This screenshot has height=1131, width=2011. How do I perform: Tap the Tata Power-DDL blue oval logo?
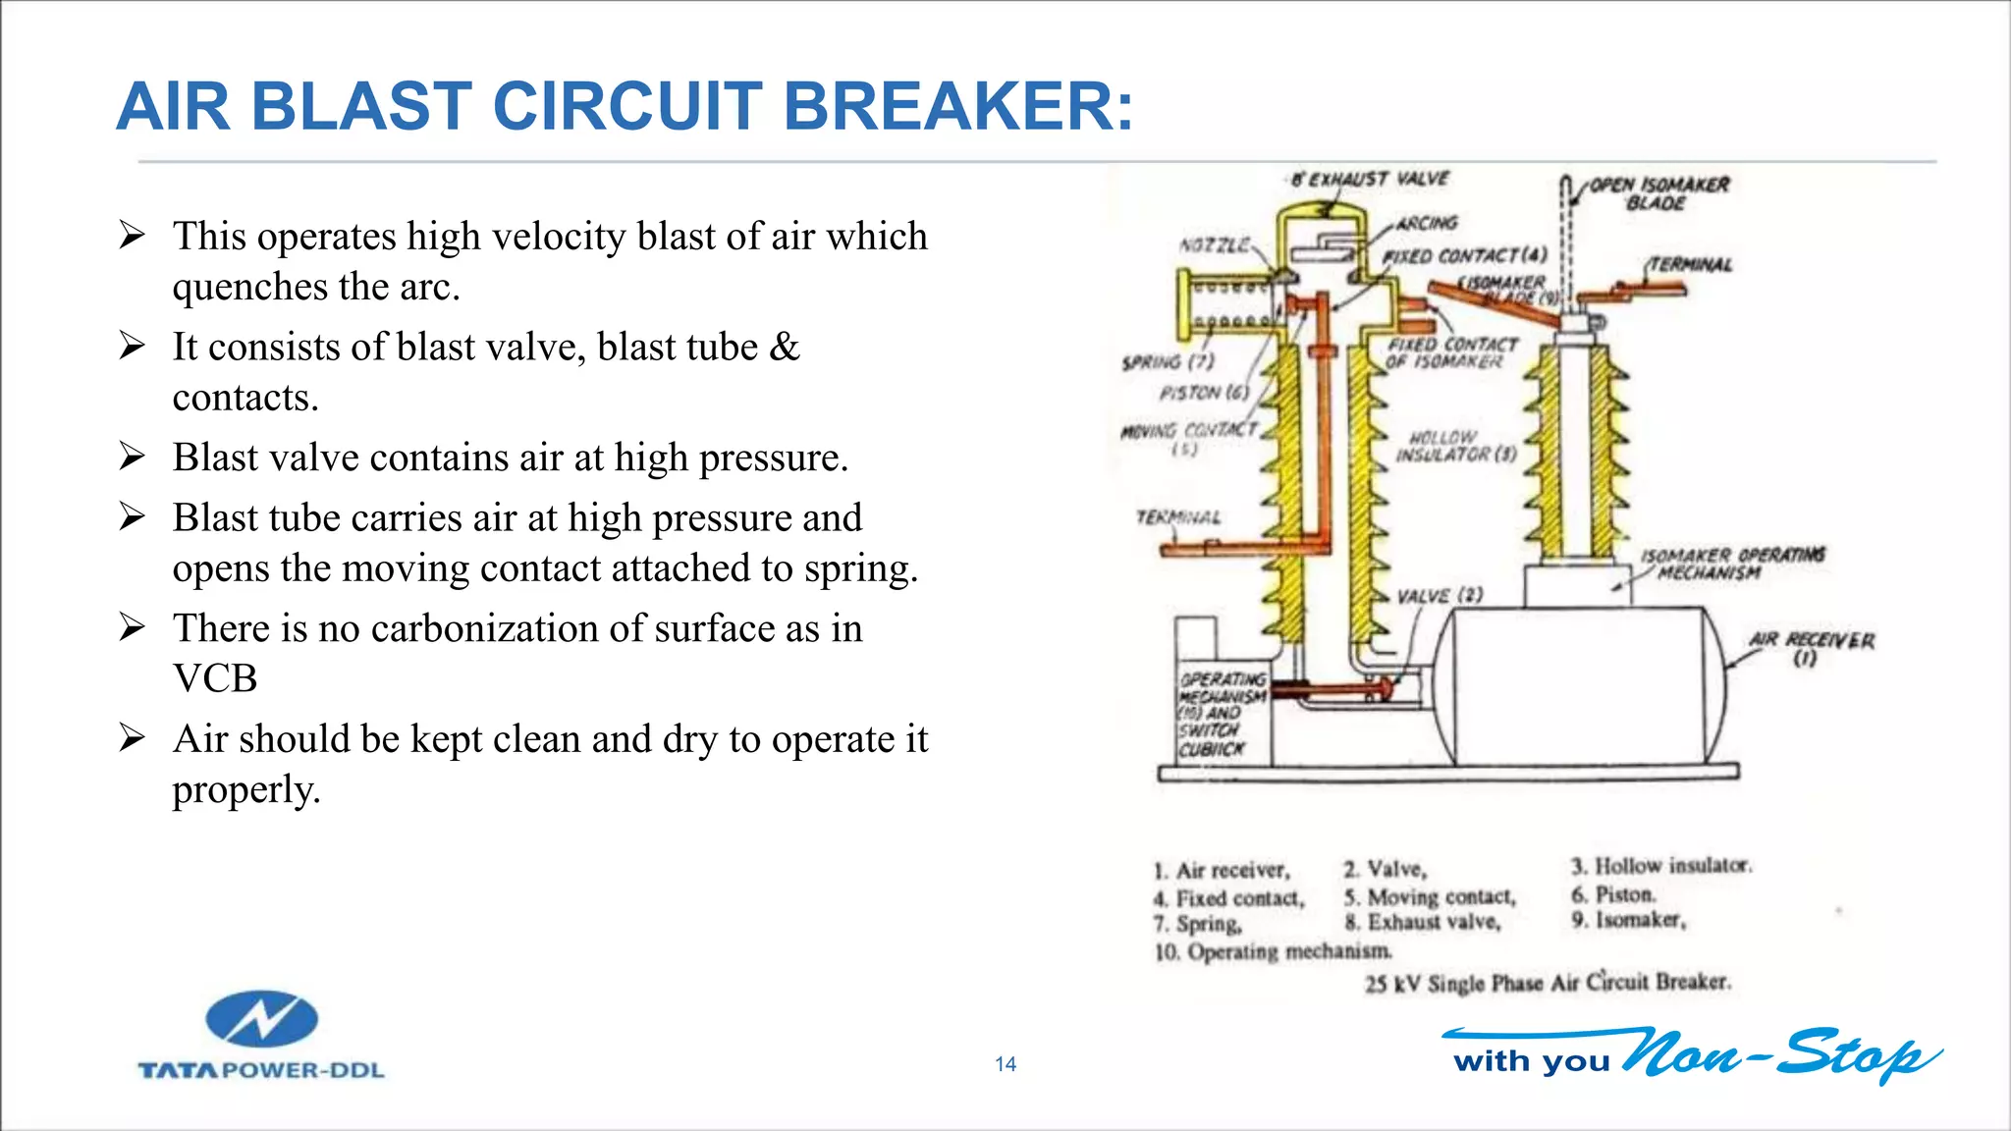pyautogui.click(x=261, y=1019)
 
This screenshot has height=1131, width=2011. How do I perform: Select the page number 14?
pyautogui.click(x=1005, y=1064)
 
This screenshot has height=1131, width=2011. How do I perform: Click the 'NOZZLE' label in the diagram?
pyautogui.click(x=1214, y=244)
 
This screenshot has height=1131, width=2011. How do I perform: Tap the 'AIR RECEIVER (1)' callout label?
pyautogui.click(x=1811, y=649)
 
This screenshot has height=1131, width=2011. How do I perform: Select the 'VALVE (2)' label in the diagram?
pyautogui.click(x=1440, y=596)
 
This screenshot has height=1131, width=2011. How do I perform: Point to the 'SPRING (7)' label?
pyautogui.click(x=1168, y=362)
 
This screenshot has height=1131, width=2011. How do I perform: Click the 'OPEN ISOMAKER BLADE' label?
pyautogui.click(x=1658, y=193)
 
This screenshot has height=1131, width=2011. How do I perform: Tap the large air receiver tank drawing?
pyautogui.click(x=1581, y=684)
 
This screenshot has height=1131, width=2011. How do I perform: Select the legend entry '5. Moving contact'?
pyautogui.click(x=1430, y=896)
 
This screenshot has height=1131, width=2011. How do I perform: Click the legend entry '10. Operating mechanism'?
pyautogui.click(x=1273, y=951)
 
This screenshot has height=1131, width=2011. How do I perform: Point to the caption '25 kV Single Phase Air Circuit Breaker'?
pyautogui.click(x=1548, y=982)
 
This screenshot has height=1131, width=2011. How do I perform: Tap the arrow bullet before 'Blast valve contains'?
pyautogui.click(x=132, y=457)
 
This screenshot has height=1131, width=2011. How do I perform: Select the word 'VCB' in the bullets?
pyautogui.click(x=215, y=678)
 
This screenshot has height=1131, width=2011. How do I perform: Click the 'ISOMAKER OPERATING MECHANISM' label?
pyautogui.click(x=1733, y=564)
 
